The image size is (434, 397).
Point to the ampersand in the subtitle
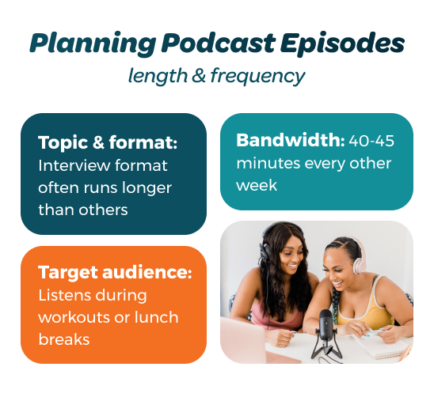194,77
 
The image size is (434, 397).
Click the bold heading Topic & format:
108,145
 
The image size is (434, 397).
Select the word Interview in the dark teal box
72,166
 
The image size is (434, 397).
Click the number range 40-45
371,142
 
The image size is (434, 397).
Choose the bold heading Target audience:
115,273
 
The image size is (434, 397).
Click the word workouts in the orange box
75,317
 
